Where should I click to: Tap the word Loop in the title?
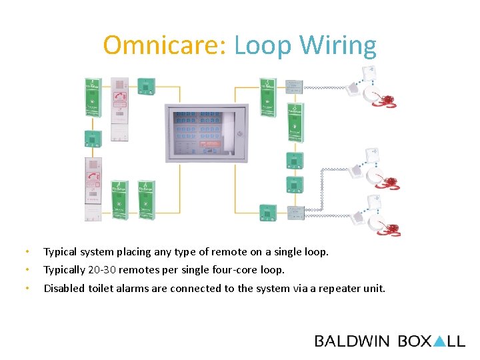[263, 45]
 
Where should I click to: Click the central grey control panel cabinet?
[207, 133]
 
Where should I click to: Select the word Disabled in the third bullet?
[65, 288]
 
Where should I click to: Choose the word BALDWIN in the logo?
[352, 341]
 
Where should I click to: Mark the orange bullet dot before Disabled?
[27, 288]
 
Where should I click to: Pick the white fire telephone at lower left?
[93, 190]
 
